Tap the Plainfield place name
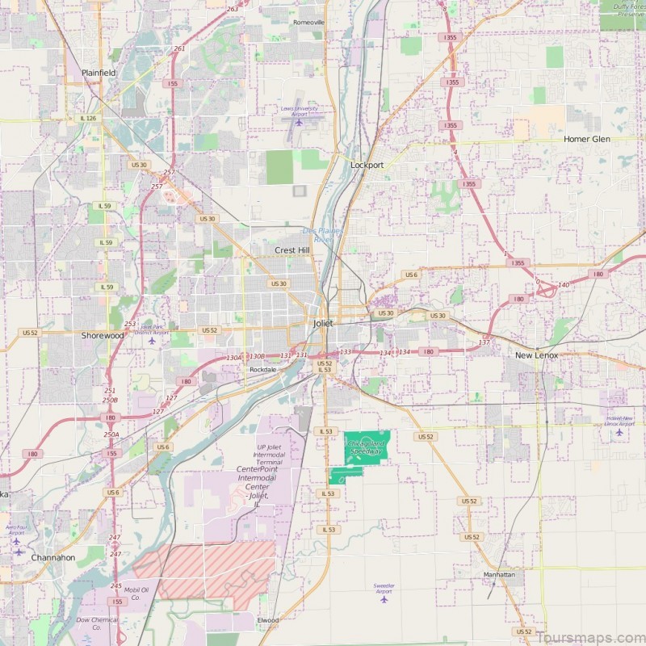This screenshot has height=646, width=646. [98, 73]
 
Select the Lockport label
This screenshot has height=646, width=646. [367, 165]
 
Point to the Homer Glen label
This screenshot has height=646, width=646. [586, 139]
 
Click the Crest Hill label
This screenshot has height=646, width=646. [292, 250]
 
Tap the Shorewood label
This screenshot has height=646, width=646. [103, 334]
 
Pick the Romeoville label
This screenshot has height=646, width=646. [308, 22]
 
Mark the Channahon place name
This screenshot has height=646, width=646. [53, 557]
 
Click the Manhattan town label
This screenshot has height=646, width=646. [499, 575]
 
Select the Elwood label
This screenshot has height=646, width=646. [267, 620]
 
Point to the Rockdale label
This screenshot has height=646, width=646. [262, 369]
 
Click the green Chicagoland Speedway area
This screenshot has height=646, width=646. [367, 447]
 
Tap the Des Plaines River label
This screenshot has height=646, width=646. [322, 235]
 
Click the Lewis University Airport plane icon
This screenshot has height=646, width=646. [299, 123]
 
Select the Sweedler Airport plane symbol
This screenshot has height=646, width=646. [384, 599]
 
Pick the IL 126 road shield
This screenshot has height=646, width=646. [88, 119]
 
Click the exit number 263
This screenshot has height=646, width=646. [233, 9]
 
